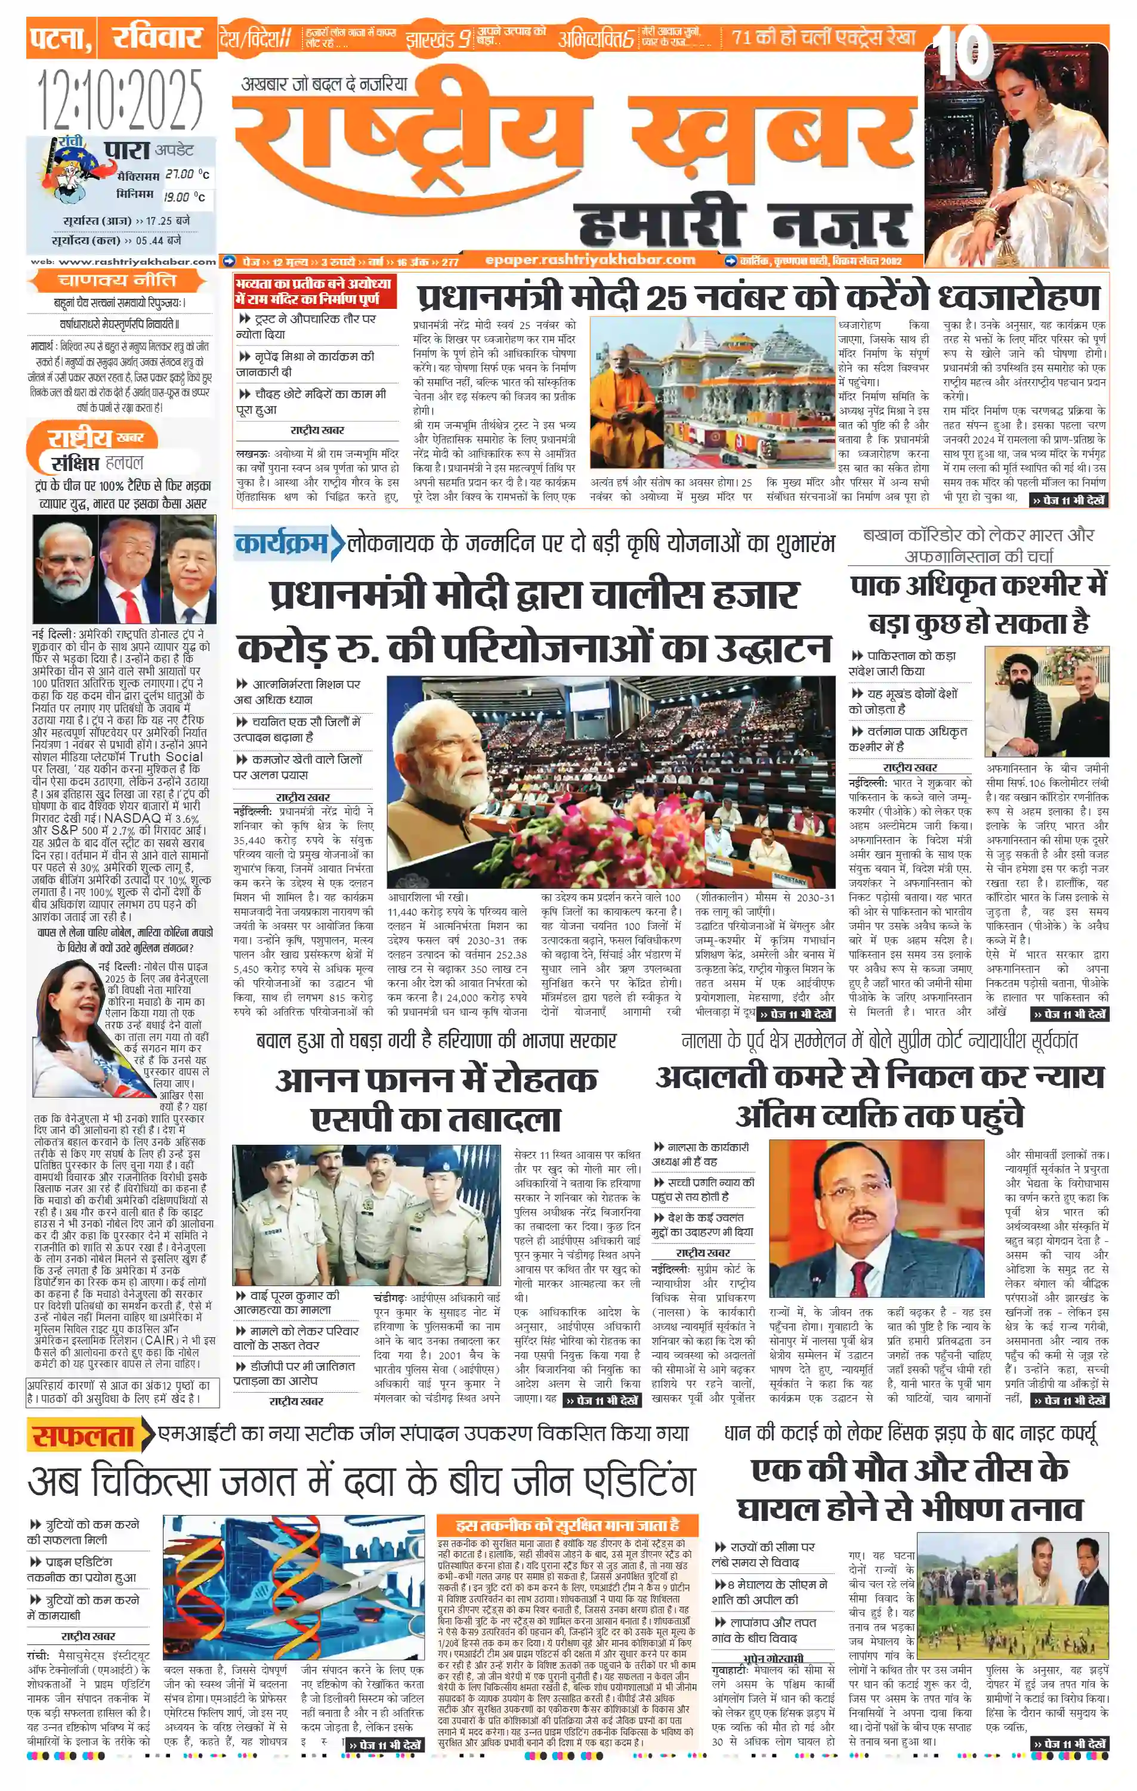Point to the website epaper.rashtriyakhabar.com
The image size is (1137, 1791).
590,259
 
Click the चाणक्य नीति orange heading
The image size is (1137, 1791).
117,280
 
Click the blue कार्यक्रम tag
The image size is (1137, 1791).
282,543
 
